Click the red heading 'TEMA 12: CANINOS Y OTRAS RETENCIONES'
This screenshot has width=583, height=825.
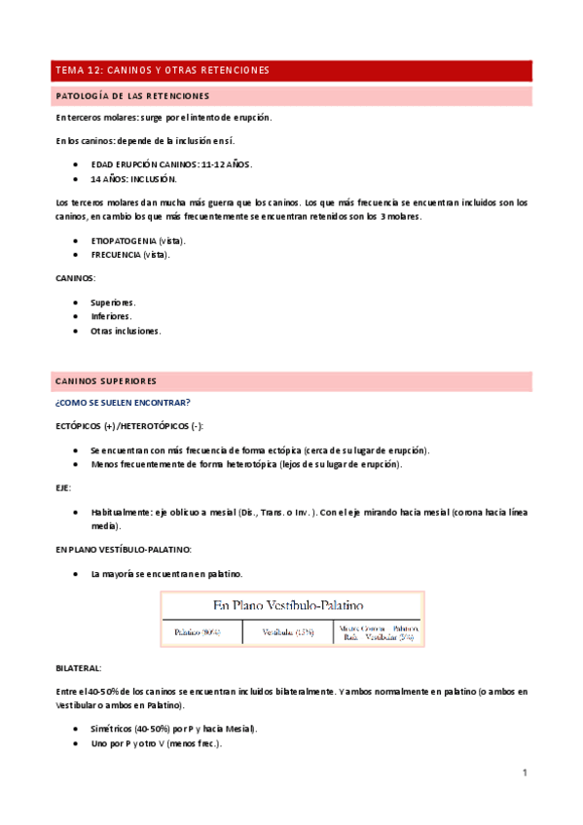tap(163, 71)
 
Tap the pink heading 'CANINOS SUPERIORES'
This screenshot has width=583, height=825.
tap(106, 380)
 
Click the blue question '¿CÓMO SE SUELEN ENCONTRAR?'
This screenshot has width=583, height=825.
tap(123, 403)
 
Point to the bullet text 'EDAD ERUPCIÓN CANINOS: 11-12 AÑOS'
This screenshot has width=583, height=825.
tap(171, 165)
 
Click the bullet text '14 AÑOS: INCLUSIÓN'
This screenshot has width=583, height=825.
tap(133, 180)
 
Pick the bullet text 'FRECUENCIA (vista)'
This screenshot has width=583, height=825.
tap(130, 255)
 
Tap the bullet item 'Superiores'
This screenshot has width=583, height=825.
tap(113, 302)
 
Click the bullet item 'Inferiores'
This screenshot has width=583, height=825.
tap(111, 316)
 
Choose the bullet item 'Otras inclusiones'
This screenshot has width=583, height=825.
tap(126, 331)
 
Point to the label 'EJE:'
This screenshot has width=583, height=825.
tap(64, 488)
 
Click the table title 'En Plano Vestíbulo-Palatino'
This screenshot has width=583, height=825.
tap(292, 604)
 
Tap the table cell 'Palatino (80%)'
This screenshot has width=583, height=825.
tap(198, 632)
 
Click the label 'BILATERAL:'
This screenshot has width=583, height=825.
tap(79, 668)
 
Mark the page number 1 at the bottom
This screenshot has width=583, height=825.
tap(524, 773)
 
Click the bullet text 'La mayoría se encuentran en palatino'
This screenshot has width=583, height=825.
tap(166, 574)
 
